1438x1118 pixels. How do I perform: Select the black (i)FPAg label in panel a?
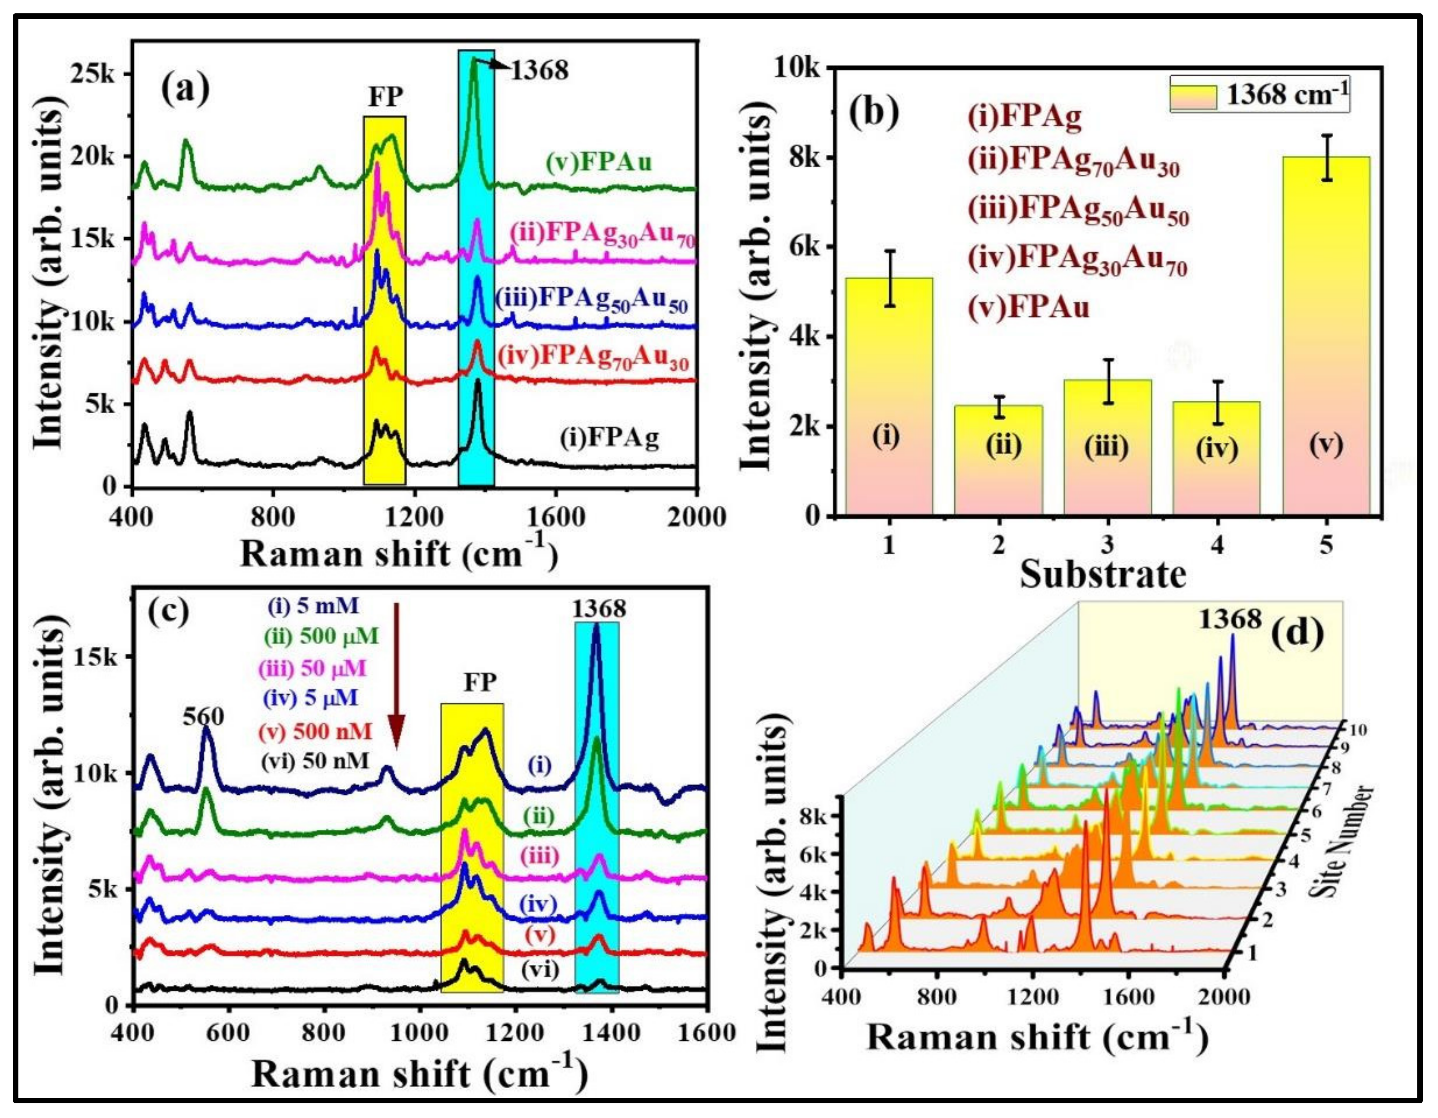click(609, 437)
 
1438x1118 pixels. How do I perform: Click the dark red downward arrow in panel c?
click(396, 685)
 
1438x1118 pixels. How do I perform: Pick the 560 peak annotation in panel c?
click(204, 716)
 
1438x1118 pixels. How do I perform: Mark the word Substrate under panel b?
click(1103, 574)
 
